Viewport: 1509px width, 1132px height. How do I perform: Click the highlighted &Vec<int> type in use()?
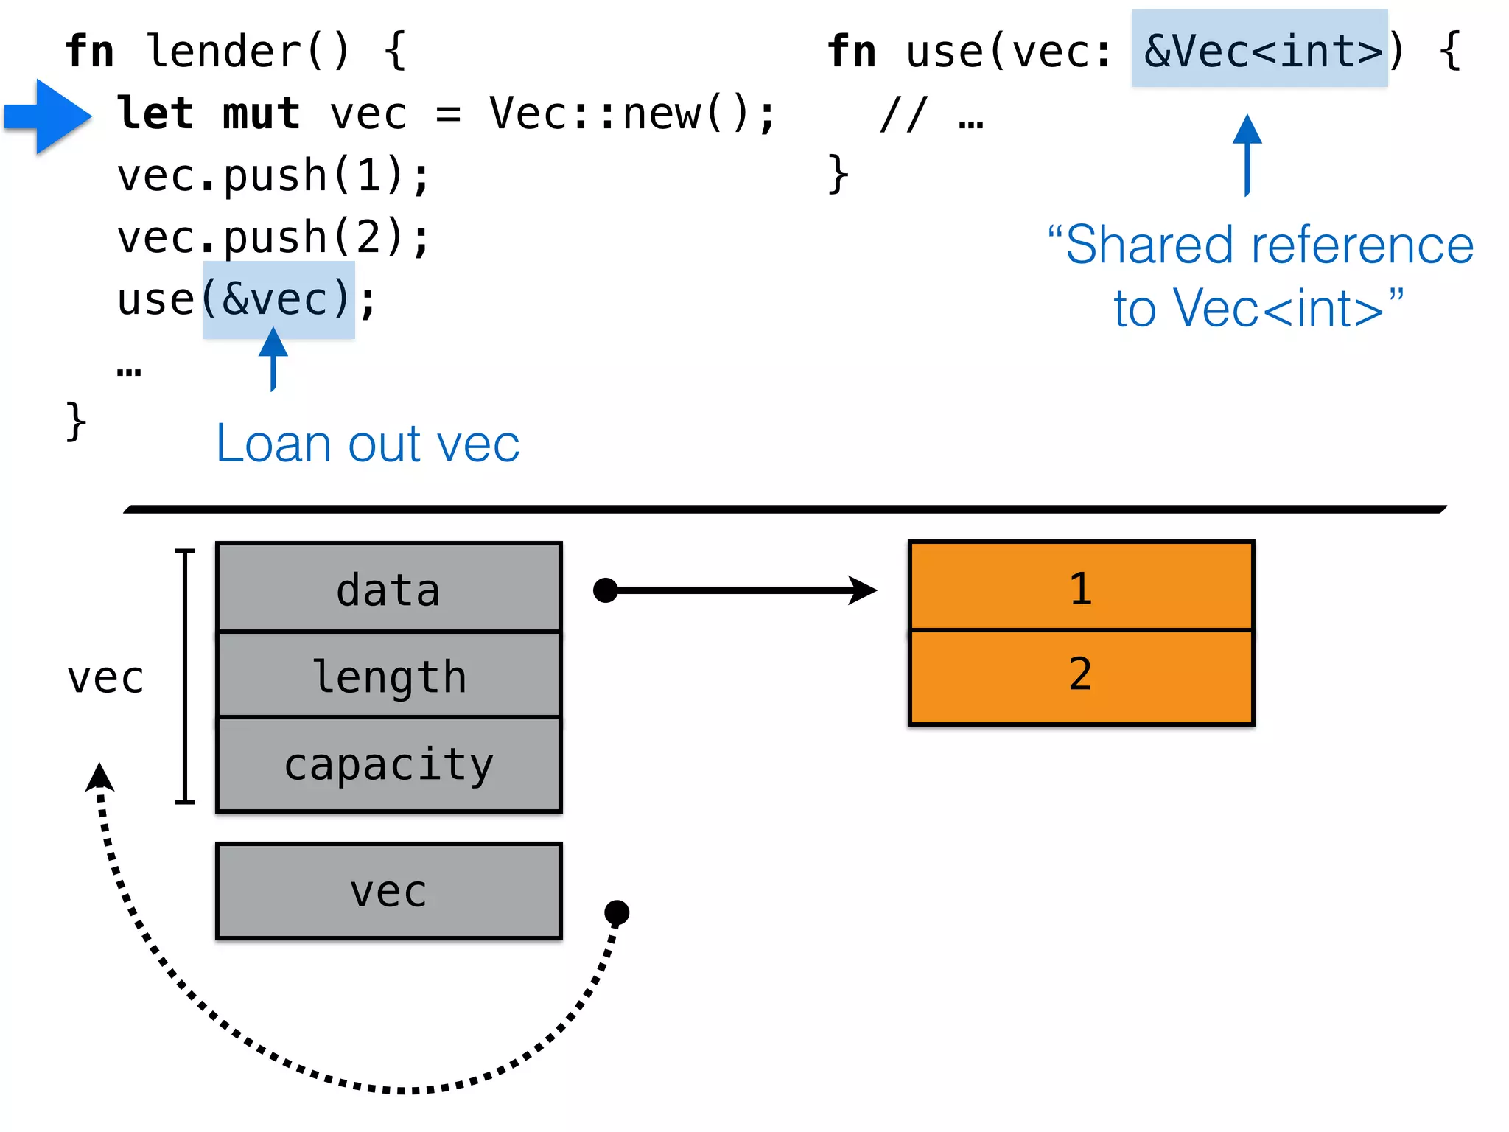point(1260,50)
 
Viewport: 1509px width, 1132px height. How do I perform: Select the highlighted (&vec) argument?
point(279,299)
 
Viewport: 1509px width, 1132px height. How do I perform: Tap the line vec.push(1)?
point(273,176)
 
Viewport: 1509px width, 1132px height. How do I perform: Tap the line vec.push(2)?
point(273,237)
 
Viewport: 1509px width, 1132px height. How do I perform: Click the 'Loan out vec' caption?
point(367,444)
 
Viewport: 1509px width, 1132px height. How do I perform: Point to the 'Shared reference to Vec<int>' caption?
point(1260,276)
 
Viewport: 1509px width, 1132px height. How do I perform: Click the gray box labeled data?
point(388,588)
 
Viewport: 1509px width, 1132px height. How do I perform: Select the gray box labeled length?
point(388,675)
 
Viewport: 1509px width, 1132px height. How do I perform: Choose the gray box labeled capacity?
point(388,764)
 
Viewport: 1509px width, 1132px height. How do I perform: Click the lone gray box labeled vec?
point(388,891)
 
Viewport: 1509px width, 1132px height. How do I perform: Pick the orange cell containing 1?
point(1081,587)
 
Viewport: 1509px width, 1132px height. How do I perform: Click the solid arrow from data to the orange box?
point(737,590)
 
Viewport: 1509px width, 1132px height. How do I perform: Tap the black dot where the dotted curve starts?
point(617,912)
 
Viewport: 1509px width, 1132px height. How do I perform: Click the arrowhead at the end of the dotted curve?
point(99,778)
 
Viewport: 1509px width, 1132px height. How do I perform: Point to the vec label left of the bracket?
point(105,677)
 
